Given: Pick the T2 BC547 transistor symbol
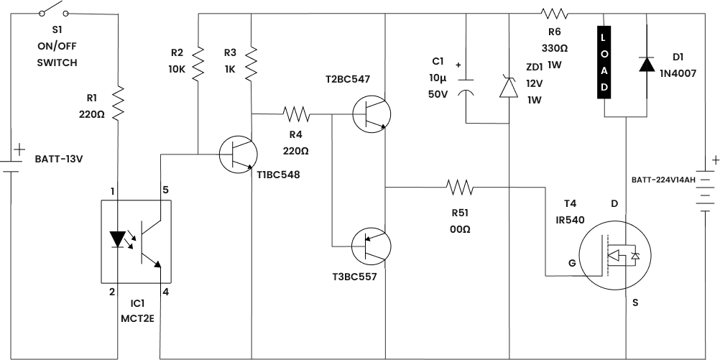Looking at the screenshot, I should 371,114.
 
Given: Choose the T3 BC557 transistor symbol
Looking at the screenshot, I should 371,246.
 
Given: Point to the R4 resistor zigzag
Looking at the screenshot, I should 296,114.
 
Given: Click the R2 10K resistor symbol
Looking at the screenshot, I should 198,63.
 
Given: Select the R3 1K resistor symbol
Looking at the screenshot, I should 251,63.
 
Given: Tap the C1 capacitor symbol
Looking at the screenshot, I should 466,85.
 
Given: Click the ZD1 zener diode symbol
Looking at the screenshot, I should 509,86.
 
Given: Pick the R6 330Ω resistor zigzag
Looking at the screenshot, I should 554,13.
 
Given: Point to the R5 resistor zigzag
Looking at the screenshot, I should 460,187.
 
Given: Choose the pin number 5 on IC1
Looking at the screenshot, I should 165,190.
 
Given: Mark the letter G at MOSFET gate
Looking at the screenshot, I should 572,264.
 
